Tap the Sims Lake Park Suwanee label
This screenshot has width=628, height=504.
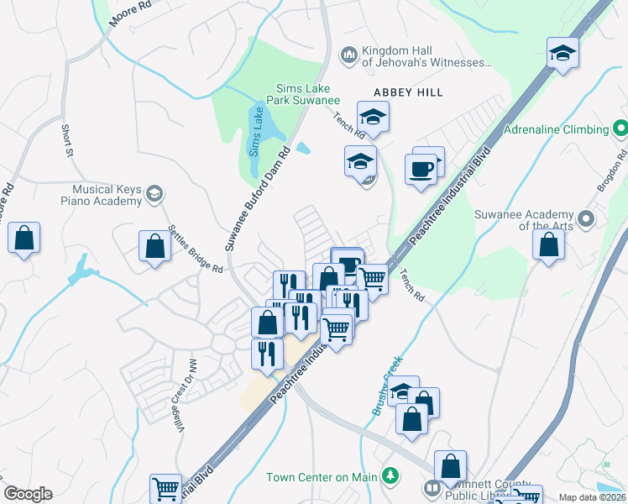[x=303, y=93]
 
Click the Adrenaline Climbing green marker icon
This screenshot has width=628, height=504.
[x=620, y=129]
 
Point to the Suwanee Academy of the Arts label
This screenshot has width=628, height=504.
[x=524, y=220]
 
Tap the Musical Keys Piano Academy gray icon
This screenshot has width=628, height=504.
[x=153, y=195]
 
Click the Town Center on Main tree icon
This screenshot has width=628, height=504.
[x=390, y=477]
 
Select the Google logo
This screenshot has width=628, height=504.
[x=28, y=494]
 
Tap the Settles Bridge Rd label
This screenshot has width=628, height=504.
[x=195, y=249]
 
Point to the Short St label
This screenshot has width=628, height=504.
[x=66, y=140]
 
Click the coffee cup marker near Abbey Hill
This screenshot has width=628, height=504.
[x=421, y=168]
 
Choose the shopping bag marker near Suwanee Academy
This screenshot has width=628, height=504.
[x=548, y=245]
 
